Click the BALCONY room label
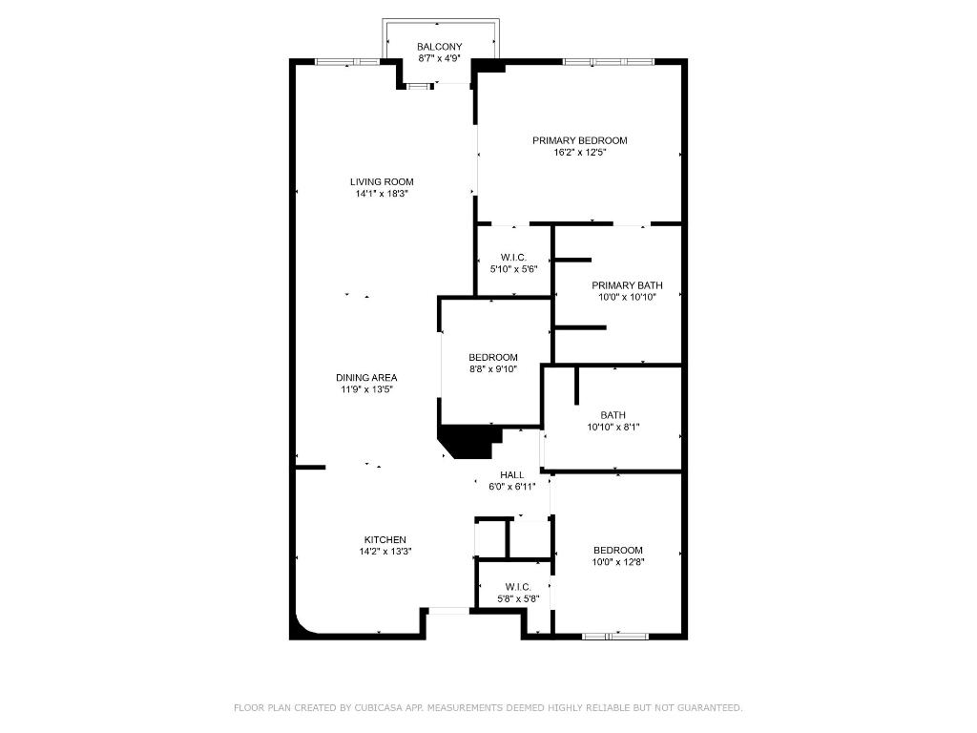coord(439,47)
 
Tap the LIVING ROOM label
coord(382,181)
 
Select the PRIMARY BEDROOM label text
coord(579,140)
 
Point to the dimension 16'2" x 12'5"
coord(579,153)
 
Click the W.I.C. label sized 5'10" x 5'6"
coord(514,257)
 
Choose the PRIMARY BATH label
coord(627,285)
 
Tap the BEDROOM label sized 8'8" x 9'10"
coord(493,357)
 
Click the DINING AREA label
coord(366,377)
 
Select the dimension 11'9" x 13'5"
coord(366,389)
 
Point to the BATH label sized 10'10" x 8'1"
coord(613,415)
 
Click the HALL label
coord(512,474)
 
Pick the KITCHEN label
coord(385,539)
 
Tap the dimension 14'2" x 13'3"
coord(385,552)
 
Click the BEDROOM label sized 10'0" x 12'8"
coord(617,550)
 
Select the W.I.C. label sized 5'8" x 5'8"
coord(519,587)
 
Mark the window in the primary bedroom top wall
coord(608,62)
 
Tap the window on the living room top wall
coord(347,62)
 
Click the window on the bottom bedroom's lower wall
coord(615,635)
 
